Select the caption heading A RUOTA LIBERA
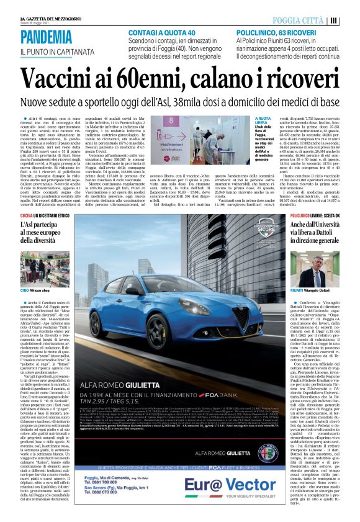point(263,120)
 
